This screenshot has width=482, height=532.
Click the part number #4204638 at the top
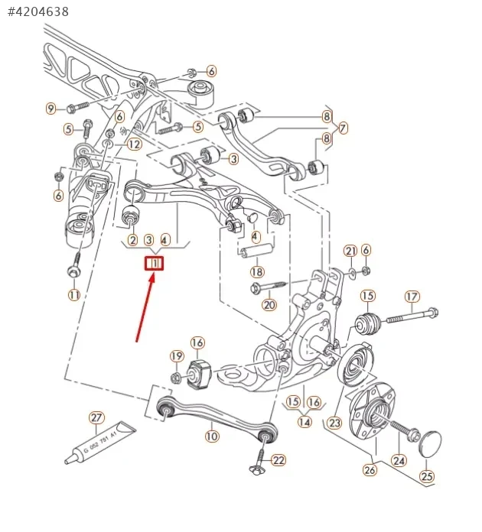coord(38,11)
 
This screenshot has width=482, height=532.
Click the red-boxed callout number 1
coord(155,264)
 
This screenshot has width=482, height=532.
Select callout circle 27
coord(96,418)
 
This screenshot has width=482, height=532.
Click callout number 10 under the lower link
coord(212,436)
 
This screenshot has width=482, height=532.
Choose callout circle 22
coord(278,460)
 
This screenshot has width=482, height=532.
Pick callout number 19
coord(177,356)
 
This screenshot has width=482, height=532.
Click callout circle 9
coord(51,109)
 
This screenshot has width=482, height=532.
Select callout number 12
coord(135,144)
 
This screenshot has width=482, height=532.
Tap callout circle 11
coord(74,294)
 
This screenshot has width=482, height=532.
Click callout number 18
coord(257,271)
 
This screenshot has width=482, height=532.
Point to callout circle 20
coord(269,305)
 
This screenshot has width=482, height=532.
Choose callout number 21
coord(350,251)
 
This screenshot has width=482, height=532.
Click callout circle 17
coord(412,296)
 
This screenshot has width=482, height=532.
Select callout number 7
coord(342,128)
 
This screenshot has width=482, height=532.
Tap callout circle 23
coord(334,421)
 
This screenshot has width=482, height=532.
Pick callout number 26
coord(370,470)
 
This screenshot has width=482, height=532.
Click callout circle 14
coord(305,421)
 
